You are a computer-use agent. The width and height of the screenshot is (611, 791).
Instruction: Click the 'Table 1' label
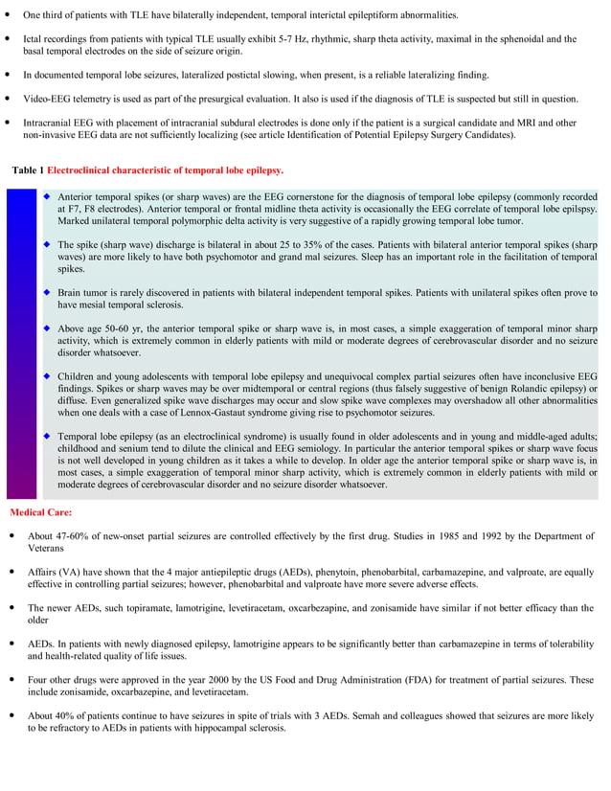(x=28, y=169)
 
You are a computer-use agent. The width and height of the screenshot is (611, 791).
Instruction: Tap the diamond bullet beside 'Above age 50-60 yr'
(x=46, y=328)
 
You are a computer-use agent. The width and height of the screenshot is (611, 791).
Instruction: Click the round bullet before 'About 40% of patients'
(x=10, y=716)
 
